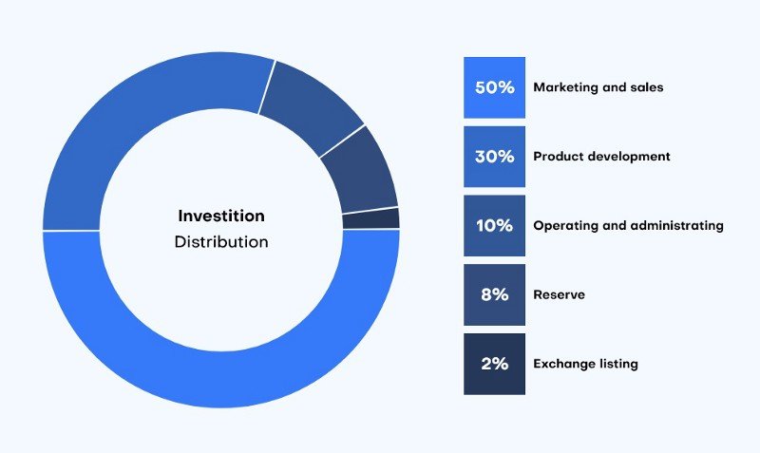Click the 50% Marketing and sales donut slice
click(x=221, y=379)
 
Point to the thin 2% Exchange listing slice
click(x=371, y=218)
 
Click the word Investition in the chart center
click(x=221, y=216)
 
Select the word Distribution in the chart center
click(x=221, y=242)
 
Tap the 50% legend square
click(x=494, y=87)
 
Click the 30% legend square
click(x=494, y=157)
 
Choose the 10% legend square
click(x=494, y=226)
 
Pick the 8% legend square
click(x=494, y=294)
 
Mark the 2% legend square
click(x=494, y=364)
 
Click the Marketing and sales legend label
click(x=598, y=87)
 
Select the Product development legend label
click(x=601, y=157)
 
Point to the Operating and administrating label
click(x=628, y=226)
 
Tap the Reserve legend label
click(x=559, y=294)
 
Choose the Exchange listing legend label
click(x=585, y=364)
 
